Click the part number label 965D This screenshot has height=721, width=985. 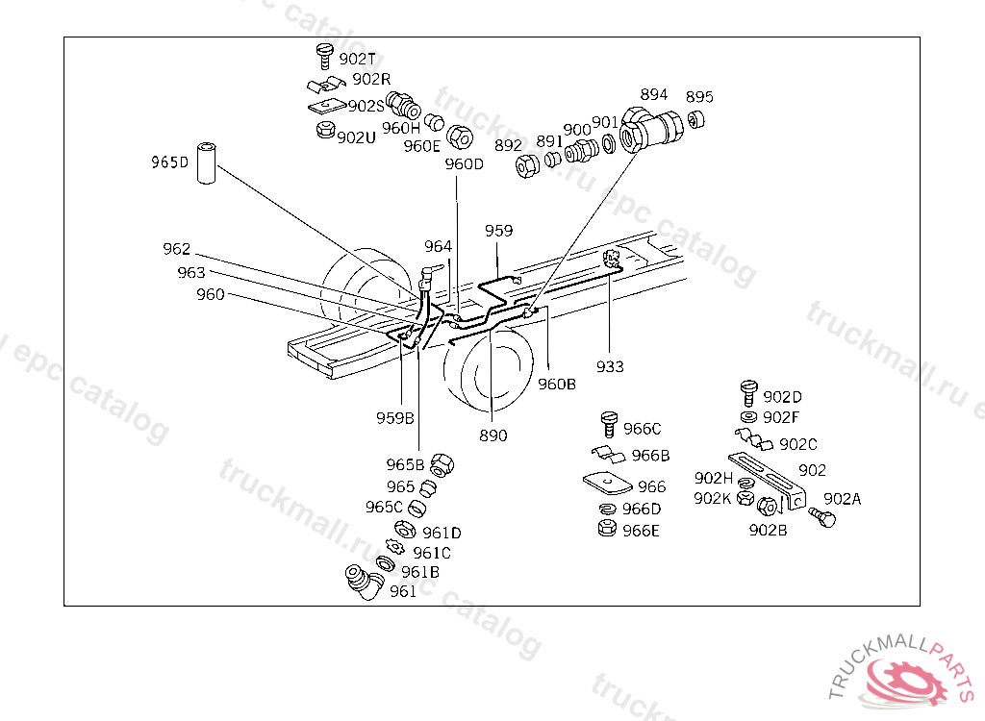coord(169,162)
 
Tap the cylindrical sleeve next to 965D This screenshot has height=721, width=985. coord(206,163)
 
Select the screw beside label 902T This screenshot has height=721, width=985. coord(324,57)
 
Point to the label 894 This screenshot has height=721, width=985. coord(654,94)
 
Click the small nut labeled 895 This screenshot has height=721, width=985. coord(695,119)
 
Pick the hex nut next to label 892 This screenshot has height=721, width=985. coord(527,165)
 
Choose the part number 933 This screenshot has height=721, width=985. coord(610,366)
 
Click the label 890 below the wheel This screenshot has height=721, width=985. coord(493,435)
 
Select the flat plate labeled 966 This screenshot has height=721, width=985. coord(608,483)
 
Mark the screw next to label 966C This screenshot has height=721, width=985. coord(609,425)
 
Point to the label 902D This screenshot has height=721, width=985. coord(783,397)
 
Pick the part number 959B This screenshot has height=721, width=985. coord(395,417)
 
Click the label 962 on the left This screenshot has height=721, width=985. coord(177,249)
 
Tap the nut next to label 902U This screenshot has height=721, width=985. coord(325,131)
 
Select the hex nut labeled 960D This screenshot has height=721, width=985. coord(460,137)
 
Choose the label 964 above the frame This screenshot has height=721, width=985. coord(438,246)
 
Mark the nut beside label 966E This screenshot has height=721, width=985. coord(607,528)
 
